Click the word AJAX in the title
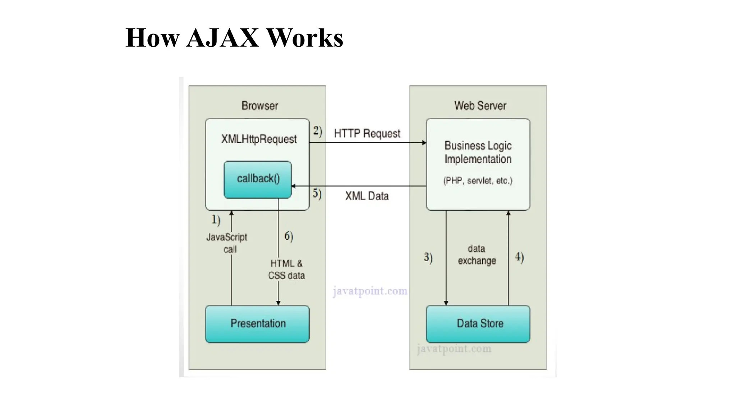point(222,38)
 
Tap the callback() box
point(258,179)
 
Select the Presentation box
point(257,323)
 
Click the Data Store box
point(478,323)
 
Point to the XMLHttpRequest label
point(259,139)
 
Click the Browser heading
point(259,106)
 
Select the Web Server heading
point(480,106)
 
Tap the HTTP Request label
point(367,133)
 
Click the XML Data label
point(367,196)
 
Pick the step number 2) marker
point(317,131)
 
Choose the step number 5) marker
point(317,193)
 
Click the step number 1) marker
point(216,219)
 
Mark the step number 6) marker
point(289,236)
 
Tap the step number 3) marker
point(428,257)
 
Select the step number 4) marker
point(519,257)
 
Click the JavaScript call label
point(227,243)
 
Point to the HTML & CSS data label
point(286,270)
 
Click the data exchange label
point(477,254)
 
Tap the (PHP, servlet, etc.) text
point(478,180)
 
